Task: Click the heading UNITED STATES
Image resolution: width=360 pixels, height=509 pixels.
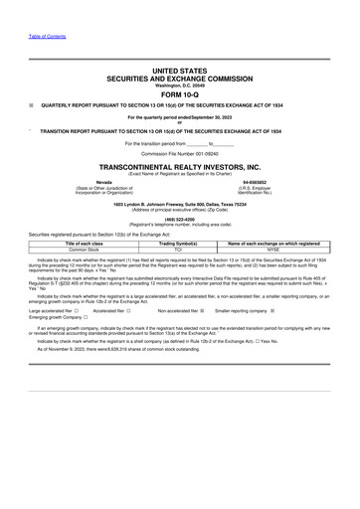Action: [180, 72]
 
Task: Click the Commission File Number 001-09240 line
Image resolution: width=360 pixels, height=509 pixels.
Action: [180, 154]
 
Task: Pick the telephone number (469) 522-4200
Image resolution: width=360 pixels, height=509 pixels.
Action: [180, 220]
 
